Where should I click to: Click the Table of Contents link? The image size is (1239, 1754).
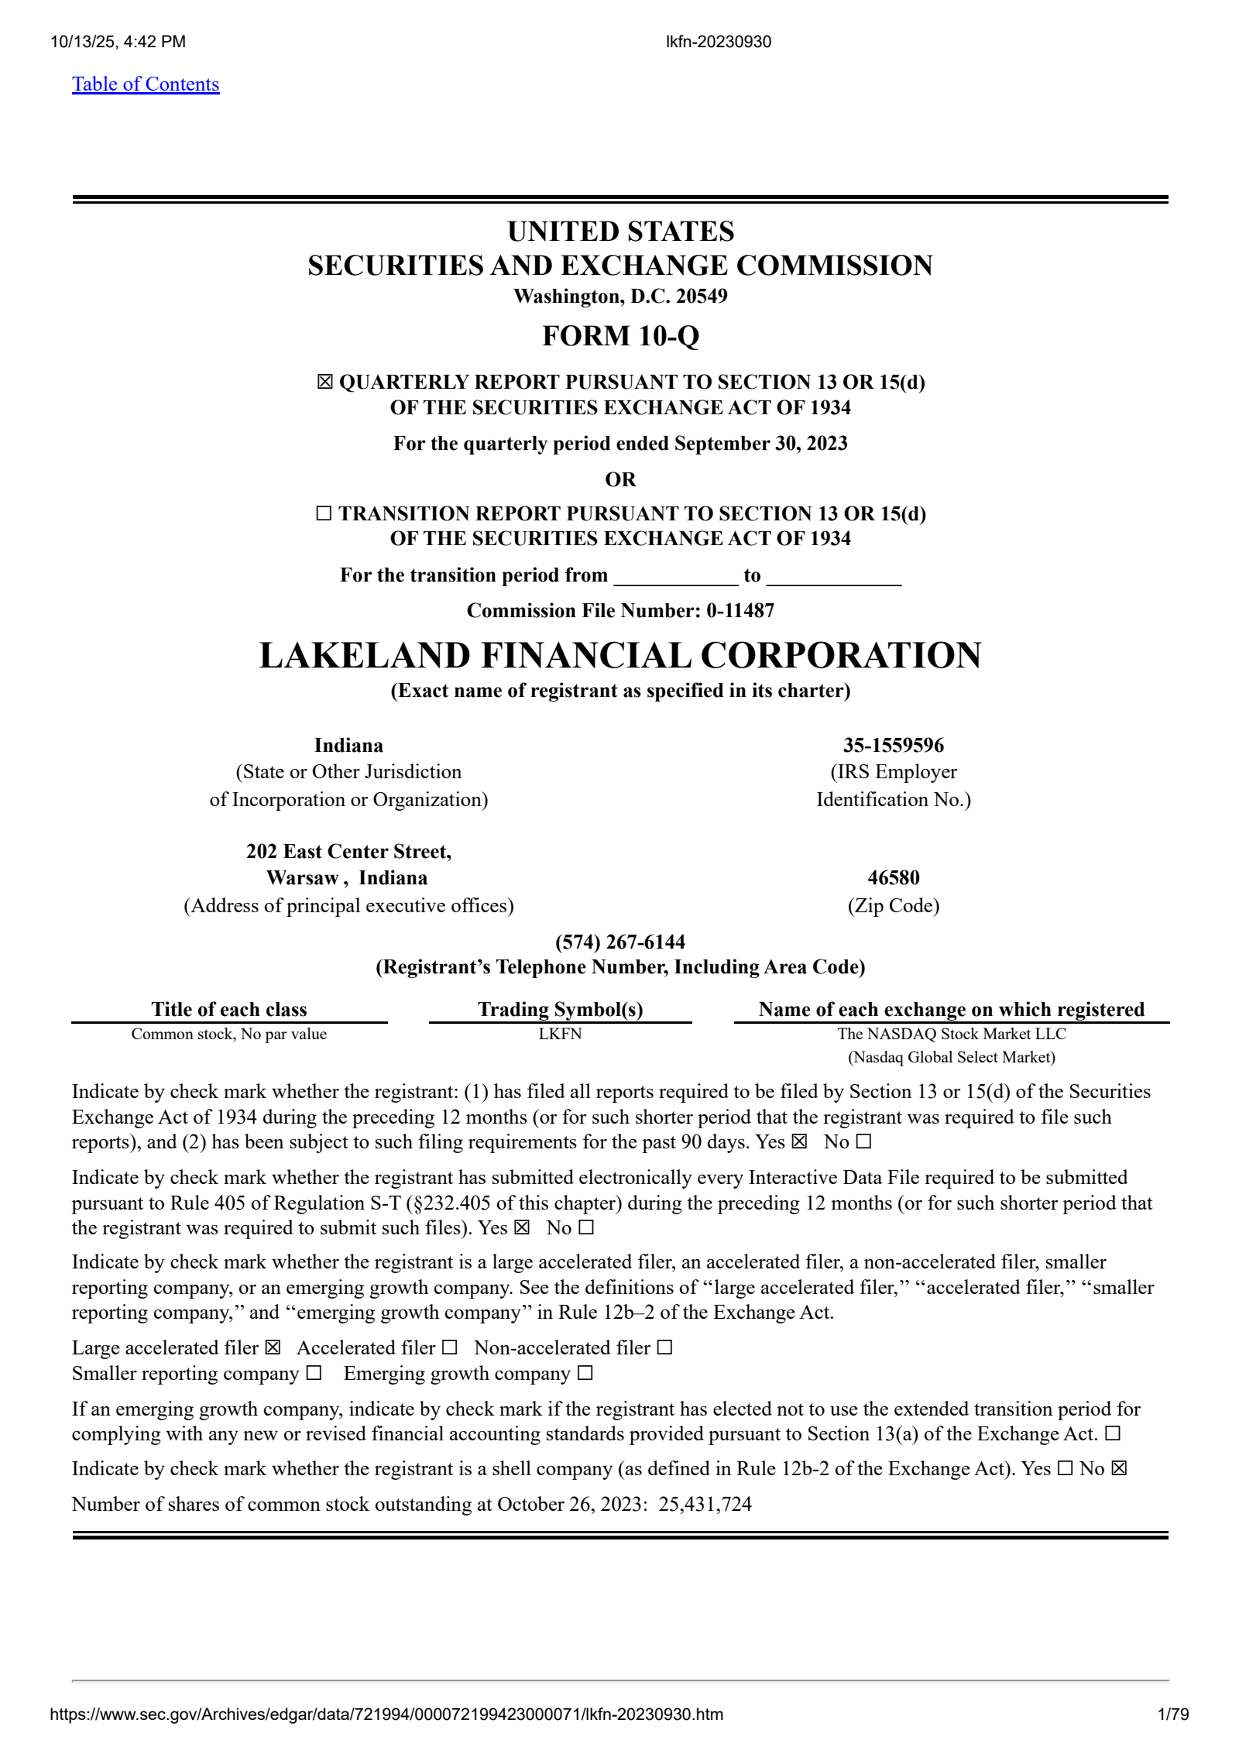click(x=146, y=84)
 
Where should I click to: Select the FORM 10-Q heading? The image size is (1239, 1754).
click(x=620, y=336)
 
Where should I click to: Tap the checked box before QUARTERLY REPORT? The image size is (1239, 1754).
click(x=324, y=382)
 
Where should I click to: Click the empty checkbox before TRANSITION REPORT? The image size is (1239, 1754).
click(x=324, y=513)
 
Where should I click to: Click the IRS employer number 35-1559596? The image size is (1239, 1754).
click(x=893, y=745)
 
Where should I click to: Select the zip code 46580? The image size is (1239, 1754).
click(x=893, y=877)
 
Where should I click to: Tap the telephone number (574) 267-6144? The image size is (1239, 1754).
click(x=620, y=942)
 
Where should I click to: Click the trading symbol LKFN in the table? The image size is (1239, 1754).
click(x=560, y=1034)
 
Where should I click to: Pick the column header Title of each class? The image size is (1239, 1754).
click(x=229, y=1009)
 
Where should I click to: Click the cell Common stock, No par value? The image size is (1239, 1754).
click(x=229, y=1034)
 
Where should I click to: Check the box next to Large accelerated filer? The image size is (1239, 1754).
click(x=273, y=1348)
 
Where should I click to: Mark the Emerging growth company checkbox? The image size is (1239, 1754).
click(x=585, y=1374)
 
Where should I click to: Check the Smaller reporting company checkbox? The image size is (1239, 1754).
click(x=314, y=1374)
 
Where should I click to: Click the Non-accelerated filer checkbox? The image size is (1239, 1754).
click(x=664, y=1348)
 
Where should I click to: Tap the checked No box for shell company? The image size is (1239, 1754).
click(x=1119, y=1469)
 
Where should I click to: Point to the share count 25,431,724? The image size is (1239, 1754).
click(x=705, y=1505)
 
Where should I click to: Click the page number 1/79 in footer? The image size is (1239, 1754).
click(x=1172, y=1715)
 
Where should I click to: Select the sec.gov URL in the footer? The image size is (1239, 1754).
click(x=386, y=1715)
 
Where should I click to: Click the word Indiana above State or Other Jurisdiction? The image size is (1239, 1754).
click(x=348, y=745)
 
